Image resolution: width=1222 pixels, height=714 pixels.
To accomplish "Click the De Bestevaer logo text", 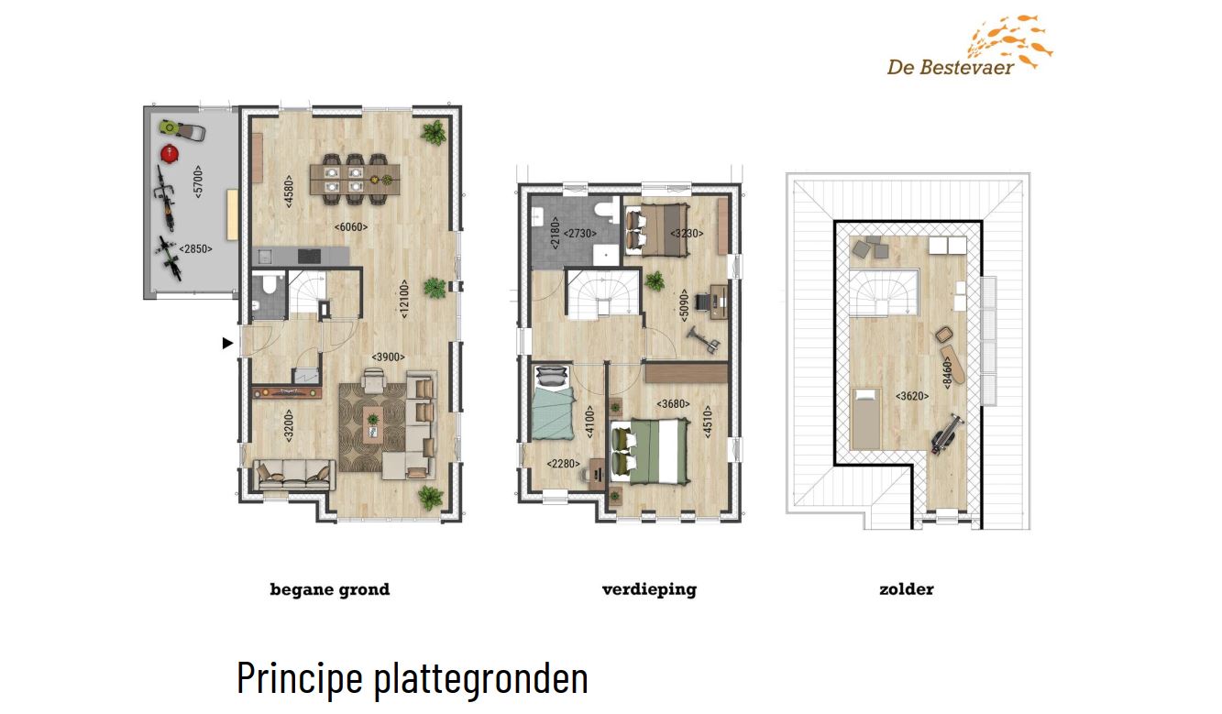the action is pos(951,67).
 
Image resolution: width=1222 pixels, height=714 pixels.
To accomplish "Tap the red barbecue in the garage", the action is pos(169,153).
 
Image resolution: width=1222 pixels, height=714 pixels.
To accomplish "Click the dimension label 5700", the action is pos(198,181).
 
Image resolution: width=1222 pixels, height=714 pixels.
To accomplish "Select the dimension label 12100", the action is pos(403,299).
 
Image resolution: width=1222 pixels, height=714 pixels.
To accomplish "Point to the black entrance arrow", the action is pos(227,343).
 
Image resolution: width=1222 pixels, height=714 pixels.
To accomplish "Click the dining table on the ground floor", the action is pos(355,179).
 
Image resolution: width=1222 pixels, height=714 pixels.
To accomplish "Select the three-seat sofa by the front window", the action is pos(294,476).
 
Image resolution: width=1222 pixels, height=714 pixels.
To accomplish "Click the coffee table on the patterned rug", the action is pos(373,424).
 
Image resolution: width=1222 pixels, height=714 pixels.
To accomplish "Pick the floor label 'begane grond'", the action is pos(330,589).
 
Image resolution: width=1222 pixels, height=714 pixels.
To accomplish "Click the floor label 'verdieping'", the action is pos(649,589).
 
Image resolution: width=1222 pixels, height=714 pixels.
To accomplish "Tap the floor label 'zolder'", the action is pos(907,589).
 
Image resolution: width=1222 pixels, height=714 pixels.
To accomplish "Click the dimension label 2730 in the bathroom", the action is pos(579,234).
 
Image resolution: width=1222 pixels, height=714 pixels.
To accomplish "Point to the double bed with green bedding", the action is pos(649,452).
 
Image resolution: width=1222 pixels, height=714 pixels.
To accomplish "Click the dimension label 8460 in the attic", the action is pos(947,372).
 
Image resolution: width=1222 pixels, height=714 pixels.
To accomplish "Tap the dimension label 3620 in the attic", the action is pos(912,396).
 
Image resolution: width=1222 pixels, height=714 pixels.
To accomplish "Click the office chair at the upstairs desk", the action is pos(702,302).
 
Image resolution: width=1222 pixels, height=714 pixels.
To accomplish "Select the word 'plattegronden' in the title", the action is pos(481,678).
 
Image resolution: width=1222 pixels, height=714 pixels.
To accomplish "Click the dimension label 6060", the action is pos(351,227).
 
